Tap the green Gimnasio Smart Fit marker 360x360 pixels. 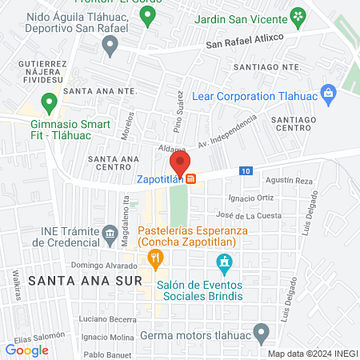(x=49, y=102)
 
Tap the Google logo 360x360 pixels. (x=27, y=350)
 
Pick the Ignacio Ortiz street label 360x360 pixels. (x=253, y=198)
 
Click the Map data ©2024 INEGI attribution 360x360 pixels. (x=312, y=354)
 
